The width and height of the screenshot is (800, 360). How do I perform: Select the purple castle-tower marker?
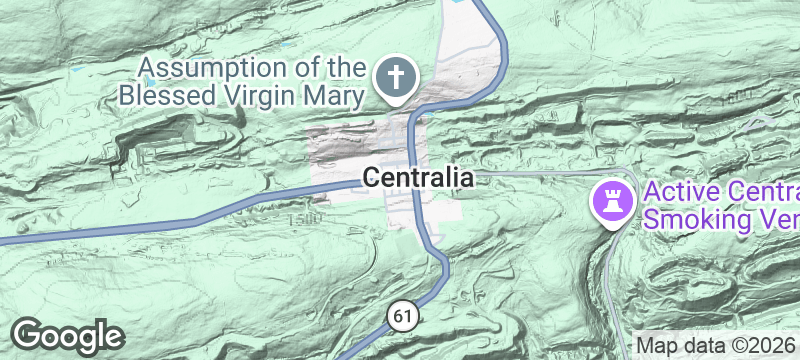[x=613, y=202]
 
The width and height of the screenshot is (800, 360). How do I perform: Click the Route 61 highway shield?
[x=401, y=316]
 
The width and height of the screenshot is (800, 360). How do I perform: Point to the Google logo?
[x=68, y=334]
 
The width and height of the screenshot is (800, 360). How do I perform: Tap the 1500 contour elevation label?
[x=308, y=216]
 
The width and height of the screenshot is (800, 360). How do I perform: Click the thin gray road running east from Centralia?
[x=540, y=172]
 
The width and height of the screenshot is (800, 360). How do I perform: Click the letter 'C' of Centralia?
[x=371, y=178]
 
